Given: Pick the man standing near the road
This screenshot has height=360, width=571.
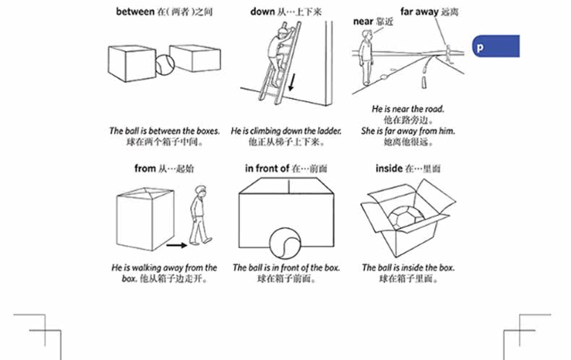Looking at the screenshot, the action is pos(366,60).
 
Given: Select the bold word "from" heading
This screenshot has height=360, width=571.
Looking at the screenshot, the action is pos(145,168).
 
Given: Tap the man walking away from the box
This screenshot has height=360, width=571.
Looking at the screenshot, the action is pos(199,213).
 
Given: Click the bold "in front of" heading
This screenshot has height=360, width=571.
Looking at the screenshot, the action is pos(267,168).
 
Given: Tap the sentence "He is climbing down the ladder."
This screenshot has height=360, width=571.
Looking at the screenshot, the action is pos(280,132).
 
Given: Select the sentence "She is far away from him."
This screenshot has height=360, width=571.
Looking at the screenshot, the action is pos(408,131).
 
